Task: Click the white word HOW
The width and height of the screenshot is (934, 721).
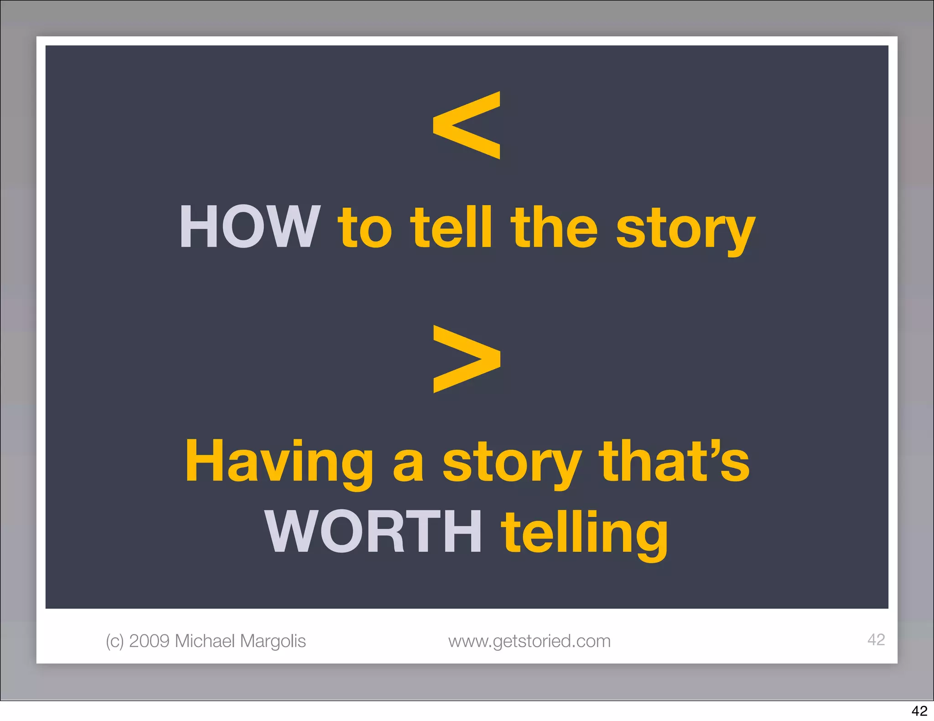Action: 249,227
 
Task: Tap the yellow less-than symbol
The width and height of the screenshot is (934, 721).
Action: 467,125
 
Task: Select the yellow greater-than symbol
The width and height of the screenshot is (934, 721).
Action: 467,359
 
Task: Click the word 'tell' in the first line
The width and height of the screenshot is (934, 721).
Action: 451,227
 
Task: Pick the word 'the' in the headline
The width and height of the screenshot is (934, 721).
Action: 554,227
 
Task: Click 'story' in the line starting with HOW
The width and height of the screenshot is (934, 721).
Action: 685,230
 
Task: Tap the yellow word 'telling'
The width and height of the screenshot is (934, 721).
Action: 584,533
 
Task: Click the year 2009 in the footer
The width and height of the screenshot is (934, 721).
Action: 149,641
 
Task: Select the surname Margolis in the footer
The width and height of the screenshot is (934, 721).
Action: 273,641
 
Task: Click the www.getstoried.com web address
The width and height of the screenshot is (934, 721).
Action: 529,641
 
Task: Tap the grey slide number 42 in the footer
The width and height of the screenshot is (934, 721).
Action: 876,639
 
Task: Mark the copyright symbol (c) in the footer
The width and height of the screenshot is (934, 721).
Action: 114,641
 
